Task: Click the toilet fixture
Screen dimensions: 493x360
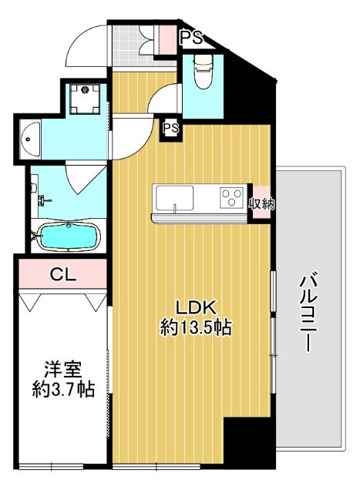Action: point(203,72)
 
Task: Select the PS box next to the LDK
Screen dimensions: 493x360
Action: point(170,129)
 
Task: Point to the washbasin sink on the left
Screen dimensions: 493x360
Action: point(29,139)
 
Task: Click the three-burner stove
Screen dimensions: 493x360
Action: point(231,198)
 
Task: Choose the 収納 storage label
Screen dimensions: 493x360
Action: point(261,204)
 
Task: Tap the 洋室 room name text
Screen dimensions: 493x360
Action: point(62,369)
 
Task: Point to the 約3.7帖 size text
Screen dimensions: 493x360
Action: point(62,390)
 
